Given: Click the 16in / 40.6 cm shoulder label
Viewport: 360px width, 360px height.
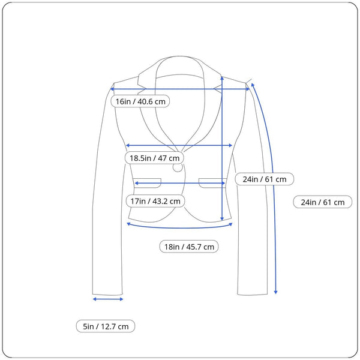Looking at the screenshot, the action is [140, 101].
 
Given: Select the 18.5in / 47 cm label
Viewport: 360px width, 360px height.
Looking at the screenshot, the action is [154, 158].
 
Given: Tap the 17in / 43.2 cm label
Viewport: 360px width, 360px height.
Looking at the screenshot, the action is [155, 201].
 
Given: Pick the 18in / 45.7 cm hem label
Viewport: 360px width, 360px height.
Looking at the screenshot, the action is [189, 247].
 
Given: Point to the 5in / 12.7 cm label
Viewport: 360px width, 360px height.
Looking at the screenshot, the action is [106, 326].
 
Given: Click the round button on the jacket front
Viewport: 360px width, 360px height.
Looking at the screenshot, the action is [178, 167].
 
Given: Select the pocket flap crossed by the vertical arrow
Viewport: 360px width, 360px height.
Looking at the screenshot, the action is [212, 183].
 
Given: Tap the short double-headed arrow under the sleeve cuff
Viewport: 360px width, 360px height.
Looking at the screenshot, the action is [108, 299].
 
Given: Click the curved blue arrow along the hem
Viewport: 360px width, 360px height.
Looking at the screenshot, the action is [179, 228].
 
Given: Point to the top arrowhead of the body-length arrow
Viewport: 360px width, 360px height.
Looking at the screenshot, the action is [222, 78].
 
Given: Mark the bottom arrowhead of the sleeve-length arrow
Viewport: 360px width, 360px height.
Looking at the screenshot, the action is [276, 292].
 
